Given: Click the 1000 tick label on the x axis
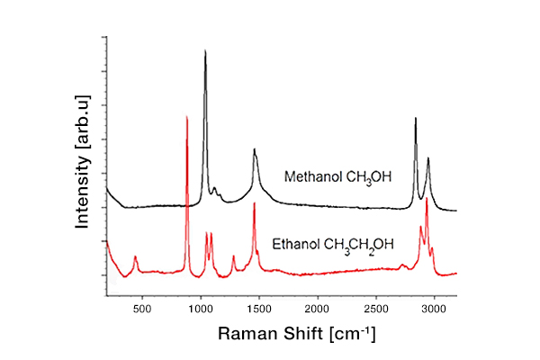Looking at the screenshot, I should click(200, 309).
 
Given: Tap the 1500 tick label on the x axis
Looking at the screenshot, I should click(259, 309).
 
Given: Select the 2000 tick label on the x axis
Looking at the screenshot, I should click(318, 309).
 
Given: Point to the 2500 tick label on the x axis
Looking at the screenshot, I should click(376, 309).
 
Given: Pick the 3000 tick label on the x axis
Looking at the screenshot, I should click(435, 309).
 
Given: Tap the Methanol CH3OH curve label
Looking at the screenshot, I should click(337, 177).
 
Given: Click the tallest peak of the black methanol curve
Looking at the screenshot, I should click(205, 52).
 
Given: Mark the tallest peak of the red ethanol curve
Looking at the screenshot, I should click(186, 117).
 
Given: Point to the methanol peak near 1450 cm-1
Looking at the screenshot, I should click(255, 150).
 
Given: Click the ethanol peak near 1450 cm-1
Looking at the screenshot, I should click(254, 204).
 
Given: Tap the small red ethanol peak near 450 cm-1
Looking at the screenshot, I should click(136, 257).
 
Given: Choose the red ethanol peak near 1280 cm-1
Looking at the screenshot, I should click(234, 256).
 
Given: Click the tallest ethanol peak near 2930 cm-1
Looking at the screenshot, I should click(427, 199).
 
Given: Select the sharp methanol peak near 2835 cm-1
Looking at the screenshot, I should click(416, 119).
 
